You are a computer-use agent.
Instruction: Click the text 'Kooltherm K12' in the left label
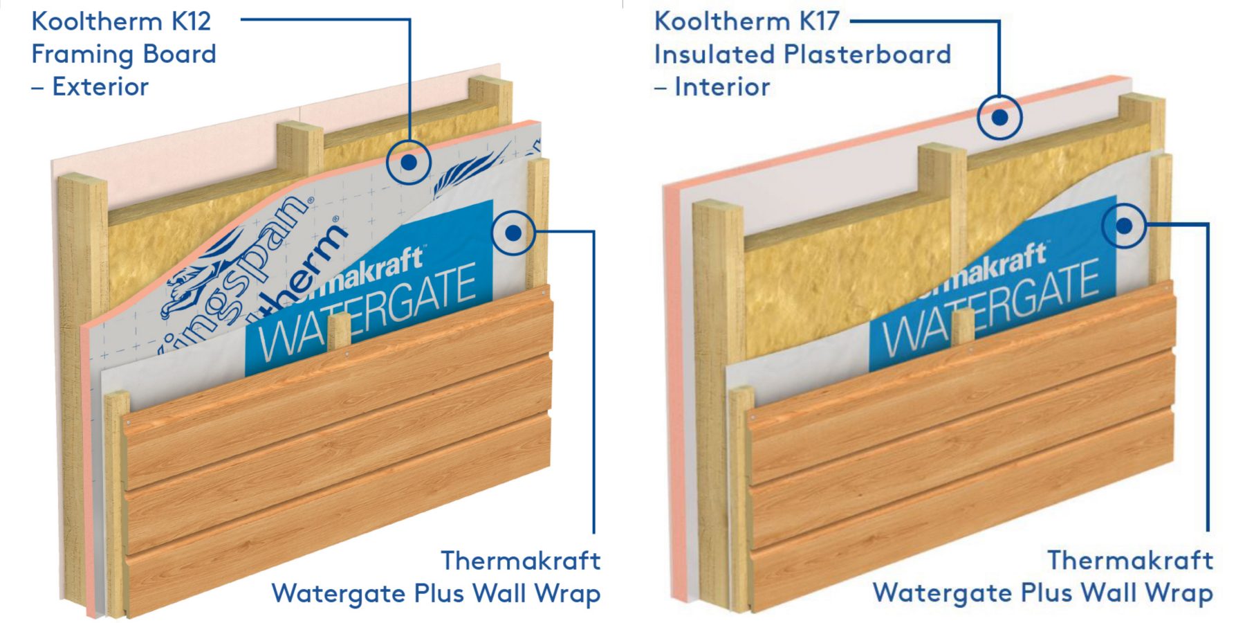121,21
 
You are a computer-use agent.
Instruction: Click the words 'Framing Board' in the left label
124,54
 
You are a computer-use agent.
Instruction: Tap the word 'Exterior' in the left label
100,87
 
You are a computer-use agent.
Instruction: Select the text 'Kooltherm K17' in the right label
746,21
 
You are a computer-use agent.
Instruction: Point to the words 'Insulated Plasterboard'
802,54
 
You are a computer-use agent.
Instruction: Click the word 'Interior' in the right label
722,87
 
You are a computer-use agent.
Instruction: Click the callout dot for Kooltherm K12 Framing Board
409,162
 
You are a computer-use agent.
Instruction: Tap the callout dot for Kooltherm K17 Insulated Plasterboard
999,117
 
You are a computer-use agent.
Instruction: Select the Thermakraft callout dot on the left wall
513,233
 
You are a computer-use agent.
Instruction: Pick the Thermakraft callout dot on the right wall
1124,226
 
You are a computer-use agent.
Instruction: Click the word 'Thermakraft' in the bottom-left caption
520,561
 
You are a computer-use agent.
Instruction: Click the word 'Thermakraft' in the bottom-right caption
1130,560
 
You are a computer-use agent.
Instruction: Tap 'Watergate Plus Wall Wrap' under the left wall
436,594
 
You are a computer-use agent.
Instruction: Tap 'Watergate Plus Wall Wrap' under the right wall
1042,593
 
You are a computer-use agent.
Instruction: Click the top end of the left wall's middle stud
299,132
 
